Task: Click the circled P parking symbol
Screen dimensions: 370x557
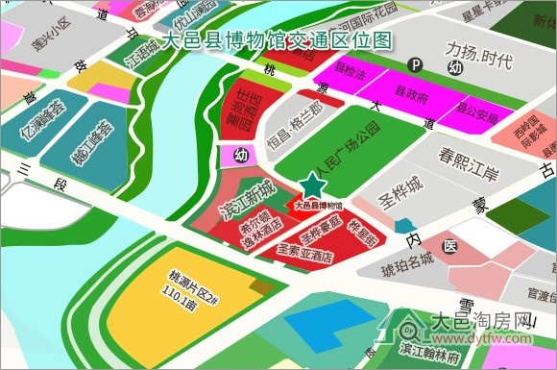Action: pyautogui.click(x=416, y=65)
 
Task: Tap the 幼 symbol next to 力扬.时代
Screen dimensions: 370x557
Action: pyautogui.click(x=455, y=69)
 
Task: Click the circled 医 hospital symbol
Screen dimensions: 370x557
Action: pyautogui.click(x=452, y=249)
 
